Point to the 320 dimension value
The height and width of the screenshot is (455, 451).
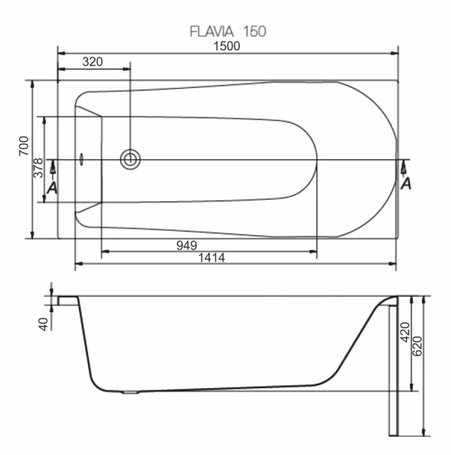coord(93,62)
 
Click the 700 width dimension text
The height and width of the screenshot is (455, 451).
coord(24,146)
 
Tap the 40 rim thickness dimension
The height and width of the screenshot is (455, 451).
coord(43,324)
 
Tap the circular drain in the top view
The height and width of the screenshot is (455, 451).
coord(131,158)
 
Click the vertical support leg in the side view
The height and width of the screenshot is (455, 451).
coord(394,372)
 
